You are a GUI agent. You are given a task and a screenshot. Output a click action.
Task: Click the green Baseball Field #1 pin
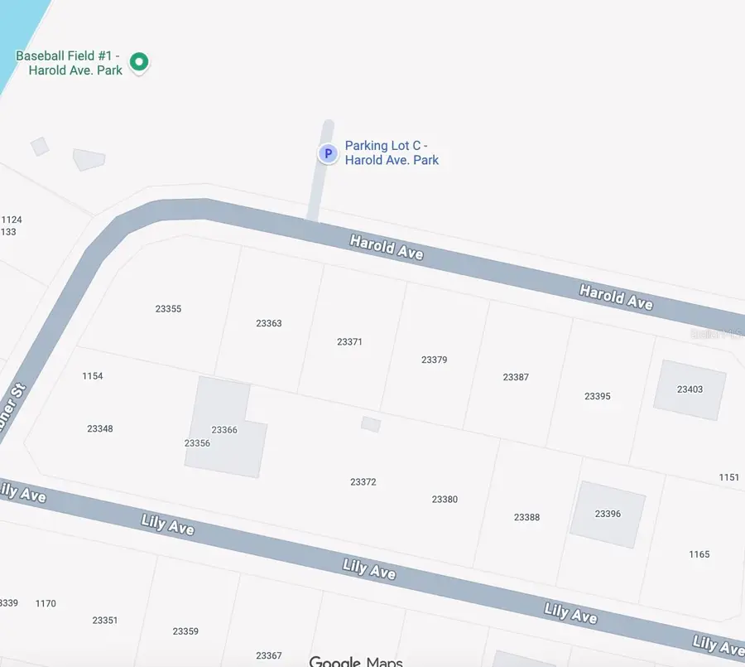click(x=140, y=61)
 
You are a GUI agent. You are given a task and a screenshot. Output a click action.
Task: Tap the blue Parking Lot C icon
click(x=328, y=153)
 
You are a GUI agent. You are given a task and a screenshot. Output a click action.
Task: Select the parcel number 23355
click(x=168, y=309)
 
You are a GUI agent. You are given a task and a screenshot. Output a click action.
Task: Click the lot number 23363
click(x=269, y=323)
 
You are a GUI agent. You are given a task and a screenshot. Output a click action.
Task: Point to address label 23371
click(x=350, y=341)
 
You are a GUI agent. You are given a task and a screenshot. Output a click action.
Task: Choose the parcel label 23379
click(x=434, y=360)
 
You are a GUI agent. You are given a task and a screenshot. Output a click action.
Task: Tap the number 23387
click(x=516, y=377)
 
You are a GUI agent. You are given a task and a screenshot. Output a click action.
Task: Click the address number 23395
click(x=597, y=396)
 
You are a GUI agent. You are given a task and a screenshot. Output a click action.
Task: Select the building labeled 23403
click(x=690, y=389)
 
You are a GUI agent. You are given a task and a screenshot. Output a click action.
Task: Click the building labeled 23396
click(x=608, y=514)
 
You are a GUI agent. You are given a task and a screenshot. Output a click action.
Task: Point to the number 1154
click(x=93, y=376)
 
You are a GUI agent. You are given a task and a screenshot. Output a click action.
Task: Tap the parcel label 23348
click(x=100, y=428)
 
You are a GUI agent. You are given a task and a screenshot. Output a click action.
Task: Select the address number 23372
click(x=363, y=481)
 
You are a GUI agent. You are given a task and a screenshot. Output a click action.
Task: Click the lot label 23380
click(x=445, y=499)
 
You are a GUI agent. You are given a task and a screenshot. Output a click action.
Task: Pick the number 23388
click(x=526, y=517)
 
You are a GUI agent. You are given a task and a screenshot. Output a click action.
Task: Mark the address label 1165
click(x=699, y=554)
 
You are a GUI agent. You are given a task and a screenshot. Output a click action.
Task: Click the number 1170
click(x=46, y=603)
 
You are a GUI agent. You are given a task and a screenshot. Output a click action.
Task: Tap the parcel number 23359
click(x=185, y=631)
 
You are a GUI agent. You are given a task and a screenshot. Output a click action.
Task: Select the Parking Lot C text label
click(x=392, y=152)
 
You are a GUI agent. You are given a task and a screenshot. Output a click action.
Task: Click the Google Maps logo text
click(x=356, y=661)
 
